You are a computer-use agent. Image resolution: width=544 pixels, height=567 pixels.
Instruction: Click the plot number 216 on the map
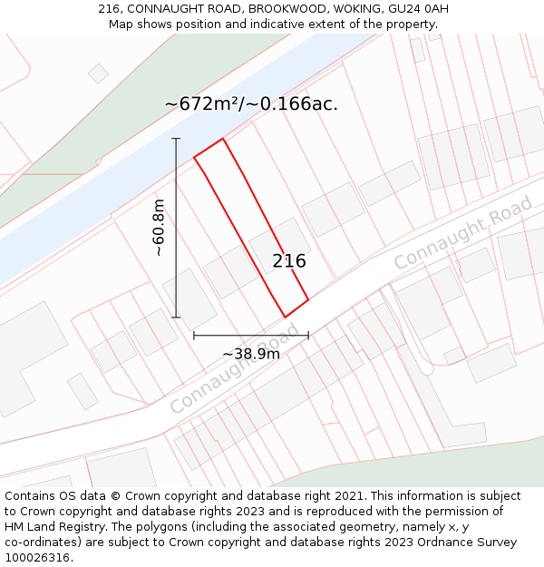(289, 261)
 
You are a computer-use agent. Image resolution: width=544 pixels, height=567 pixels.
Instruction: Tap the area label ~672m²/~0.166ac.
(251, 103)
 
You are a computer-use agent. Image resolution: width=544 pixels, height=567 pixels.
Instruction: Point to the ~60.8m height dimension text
(160, 228)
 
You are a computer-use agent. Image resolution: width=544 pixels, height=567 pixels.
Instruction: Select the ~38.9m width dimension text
(251, 354)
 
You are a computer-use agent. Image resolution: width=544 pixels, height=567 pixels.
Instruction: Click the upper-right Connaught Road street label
(462, 232)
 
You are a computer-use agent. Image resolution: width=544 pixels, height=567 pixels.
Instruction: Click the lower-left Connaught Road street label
(233, 374)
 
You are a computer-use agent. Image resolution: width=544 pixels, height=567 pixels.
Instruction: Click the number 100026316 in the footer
(39, 557)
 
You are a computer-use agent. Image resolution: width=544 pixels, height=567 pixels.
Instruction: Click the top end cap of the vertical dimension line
(176, 139)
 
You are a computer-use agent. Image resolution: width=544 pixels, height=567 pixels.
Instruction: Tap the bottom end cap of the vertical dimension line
(176, 318)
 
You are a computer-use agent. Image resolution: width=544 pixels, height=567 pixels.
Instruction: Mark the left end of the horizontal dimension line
(194, 335)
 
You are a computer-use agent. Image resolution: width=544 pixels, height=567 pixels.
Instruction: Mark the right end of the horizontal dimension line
(308, 335)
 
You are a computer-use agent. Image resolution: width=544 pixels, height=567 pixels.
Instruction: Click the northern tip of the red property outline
(223, 139)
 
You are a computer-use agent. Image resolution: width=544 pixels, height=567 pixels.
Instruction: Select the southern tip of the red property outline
(286, 317)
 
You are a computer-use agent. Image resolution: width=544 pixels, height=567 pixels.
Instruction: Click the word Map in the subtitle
(121, 24)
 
